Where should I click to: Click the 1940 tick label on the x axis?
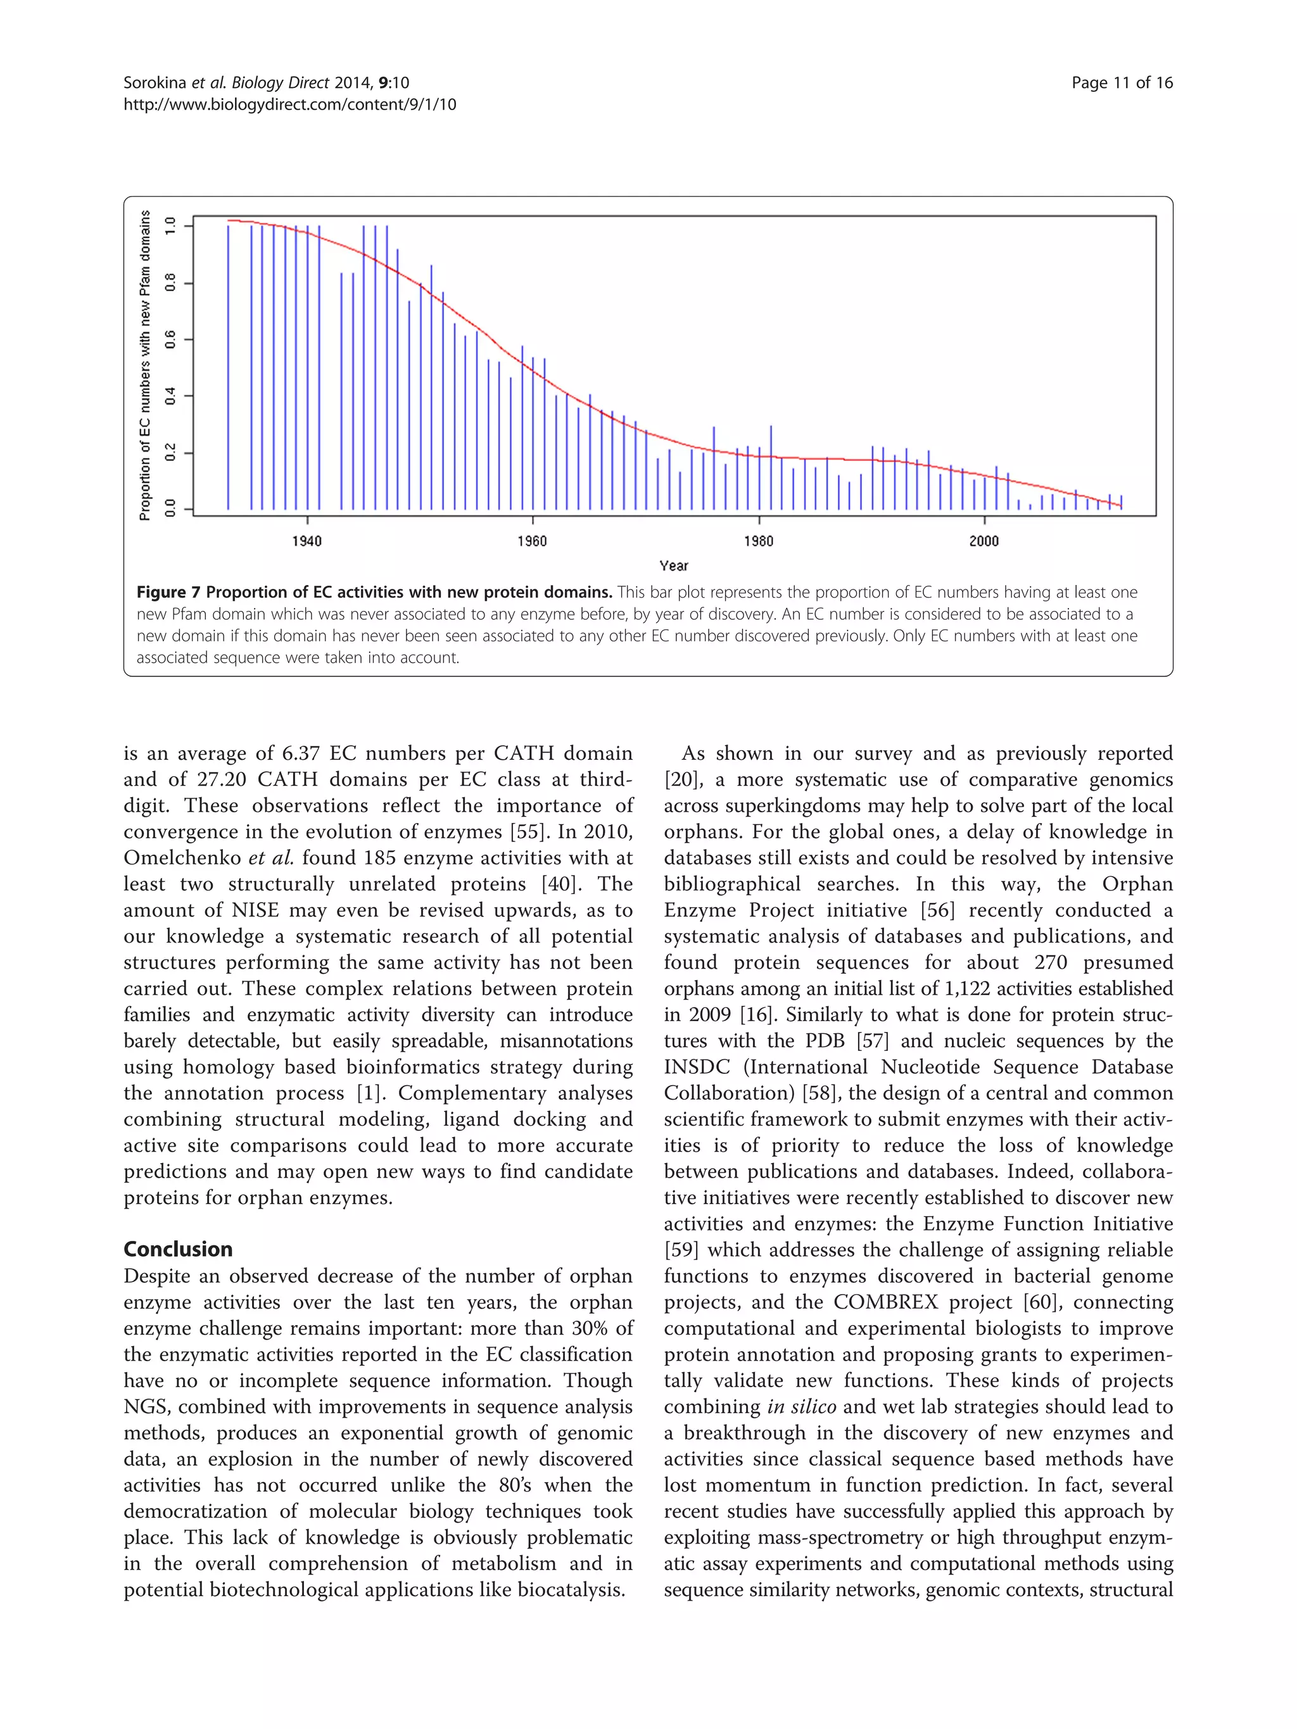[x=307, y=541]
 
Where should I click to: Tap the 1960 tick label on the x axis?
[x=533, y=541]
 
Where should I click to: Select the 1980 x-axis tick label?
[x=758, y=541]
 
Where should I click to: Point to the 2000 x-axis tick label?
[x=984, y=541]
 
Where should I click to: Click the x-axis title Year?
[x=673, y=565]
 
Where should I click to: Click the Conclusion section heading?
[x=178, y=1248]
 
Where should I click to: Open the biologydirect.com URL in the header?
[x=289, y=104]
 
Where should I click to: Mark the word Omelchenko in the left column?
[x=182, y=858]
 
